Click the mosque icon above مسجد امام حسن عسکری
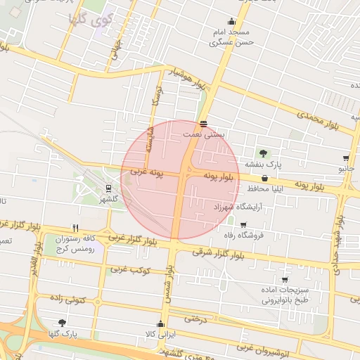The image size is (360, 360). click(231, 21)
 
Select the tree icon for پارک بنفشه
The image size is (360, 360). click(263, 153)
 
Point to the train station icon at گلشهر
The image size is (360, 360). click(108, 188)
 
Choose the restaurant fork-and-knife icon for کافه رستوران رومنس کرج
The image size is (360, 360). click(75, 228)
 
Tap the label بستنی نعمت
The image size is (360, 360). click(203, 133)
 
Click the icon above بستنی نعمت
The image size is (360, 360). click(203, 123)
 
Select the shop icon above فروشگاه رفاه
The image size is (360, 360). click(244, 225)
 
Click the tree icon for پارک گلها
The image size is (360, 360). click(63, 323)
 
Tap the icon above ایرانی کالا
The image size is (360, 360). click(161, 324)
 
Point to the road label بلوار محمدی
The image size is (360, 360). click(317, 119)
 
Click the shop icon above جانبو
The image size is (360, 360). click(346, 158)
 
